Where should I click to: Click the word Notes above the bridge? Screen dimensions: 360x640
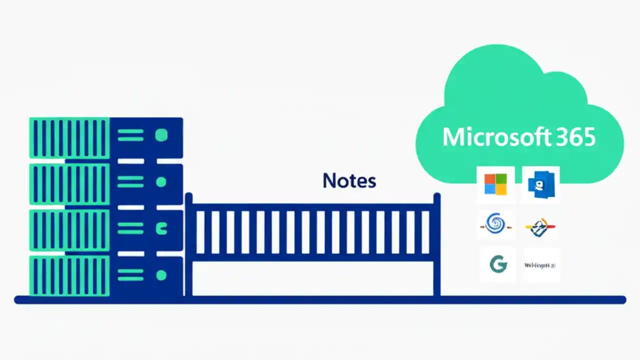(x=349, y=180)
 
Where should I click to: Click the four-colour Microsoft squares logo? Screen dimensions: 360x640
(x=495, y=184)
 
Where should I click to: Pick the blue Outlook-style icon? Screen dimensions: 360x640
(x=540, y=184)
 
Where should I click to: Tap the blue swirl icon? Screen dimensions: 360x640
(x=495, y=224)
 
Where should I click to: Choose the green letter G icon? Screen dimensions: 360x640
(x=497, y=264)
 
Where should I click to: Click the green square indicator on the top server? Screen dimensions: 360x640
(x=161, y=135)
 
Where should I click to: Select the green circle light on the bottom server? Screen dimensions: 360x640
(x=161, y=275)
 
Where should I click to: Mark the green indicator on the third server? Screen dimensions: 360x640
(x=161, y=229)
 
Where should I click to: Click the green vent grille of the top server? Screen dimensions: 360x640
(x=69, y=137)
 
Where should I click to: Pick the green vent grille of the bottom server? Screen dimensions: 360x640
(x=69, y=275)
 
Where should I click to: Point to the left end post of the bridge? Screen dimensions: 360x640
(x=188, y=245)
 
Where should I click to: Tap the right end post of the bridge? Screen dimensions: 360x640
(x=436, y=245)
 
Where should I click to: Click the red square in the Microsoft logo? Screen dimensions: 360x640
(x=489, y=179)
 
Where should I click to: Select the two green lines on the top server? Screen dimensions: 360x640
(x=130, y=135)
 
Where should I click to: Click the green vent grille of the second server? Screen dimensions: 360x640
(x=69, y=183)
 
